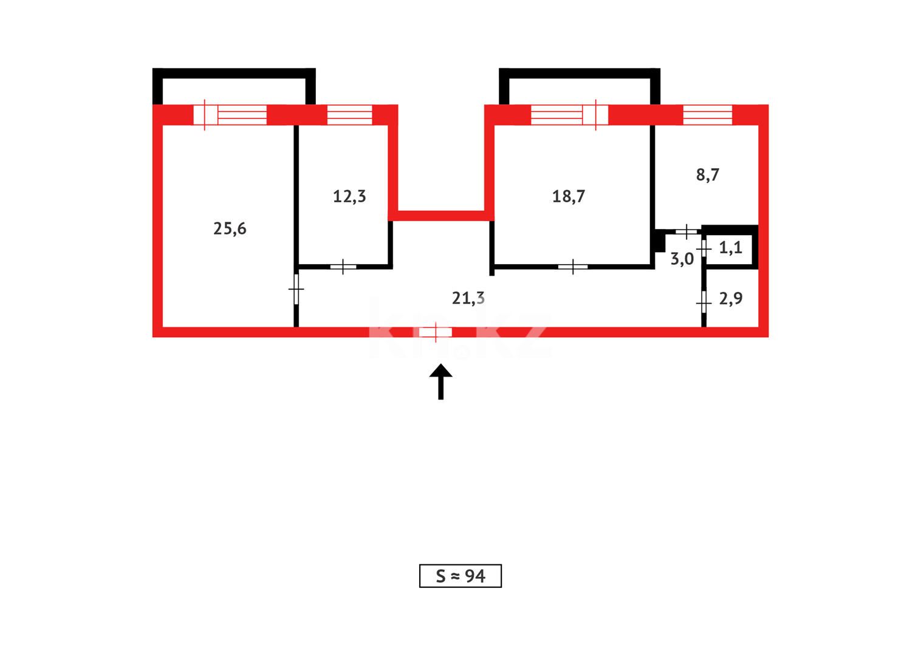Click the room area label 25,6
[x=230, y=228]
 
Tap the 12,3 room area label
[x=349, y=196]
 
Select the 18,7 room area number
[x=568, y=196]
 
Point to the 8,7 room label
[x=707, y=175]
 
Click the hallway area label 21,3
[x=468, y=298]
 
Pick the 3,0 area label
[x=682, y=259]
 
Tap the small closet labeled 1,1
[x=730, y=248]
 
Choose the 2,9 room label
[x=730, y=298]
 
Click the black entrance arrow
[x=441, y=381]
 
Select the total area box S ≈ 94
[x=460, y=576]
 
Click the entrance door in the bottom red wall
[x=436, y=332]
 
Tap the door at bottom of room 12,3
[x=343, y=267]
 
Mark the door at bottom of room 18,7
[x=573, y=267]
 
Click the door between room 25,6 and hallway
[x=296, y=290]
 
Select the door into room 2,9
[x=704, y=302]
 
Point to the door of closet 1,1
[x=704, y=249]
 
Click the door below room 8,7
[x=686, y=231]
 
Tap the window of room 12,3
[x=349, y=115]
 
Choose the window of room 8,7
[x=707, y=115]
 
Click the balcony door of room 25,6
[x=205, y=115]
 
